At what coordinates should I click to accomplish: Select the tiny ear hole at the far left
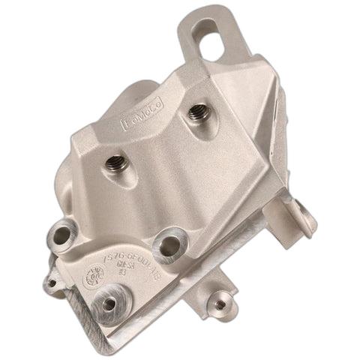pyautogui.click(x=51, y=282)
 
